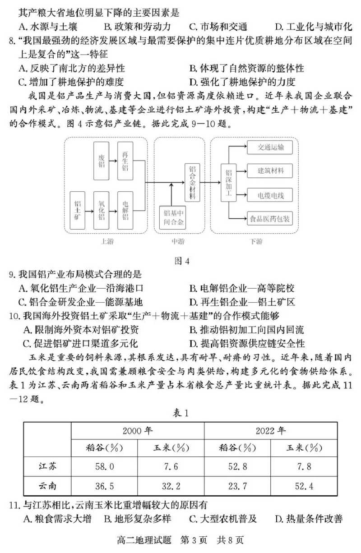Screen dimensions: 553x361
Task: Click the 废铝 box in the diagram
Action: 102,161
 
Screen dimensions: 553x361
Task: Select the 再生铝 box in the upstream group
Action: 125,161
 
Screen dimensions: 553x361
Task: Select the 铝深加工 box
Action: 228,183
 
